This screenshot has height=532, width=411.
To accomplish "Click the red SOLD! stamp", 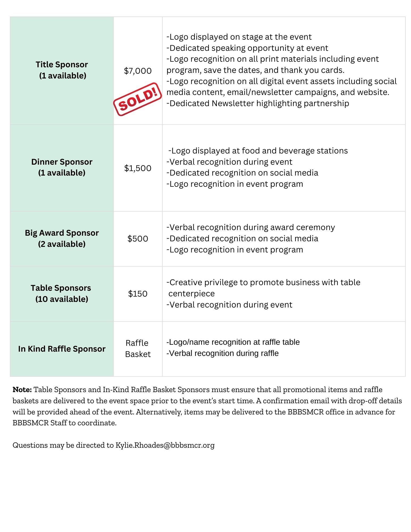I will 138,99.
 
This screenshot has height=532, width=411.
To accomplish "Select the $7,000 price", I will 138,71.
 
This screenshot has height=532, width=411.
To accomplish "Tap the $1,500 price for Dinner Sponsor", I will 138,168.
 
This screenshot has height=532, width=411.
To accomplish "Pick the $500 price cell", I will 138,239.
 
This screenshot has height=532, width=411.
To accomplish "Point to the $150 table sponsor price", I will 138,294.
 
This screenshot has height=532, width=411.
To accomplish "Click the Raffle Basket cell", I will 138,348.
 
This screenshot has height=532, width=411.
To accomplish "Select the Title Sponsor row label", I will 62,70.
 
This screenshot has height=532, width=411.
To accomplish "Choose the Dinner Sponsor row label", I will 62,167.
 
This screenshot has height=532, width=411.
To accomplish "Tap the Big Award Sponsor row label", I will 62,238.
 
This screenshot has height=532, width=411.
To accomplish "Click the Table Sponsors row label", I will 61,293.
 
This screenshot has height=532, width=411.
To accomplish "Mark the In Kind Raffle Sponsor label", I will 62,349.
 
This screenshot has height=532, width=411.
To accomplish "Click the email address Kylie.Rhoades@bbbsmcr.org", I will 165,445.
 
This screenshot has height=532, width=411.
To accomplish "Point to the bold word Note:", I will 22,390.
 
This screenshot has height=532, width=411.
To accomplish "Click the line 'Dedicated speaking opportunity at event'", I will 247,48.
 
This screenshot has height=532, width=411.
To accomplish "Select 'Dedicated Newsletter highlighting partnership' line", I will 258,103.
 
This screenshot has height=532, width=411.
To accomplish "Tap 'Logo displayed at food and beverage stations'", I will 258,151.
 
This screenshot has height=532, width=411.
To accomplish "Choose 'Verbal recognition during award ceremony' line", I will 251,227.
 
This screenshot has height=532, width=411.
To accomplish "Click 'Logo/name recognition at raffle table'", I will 233,342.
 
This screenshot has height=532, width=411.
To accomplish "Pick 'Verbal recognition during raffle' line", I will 223,353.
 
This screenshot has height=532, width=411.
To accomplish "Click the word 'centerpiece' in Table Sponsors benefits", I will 192,294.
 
